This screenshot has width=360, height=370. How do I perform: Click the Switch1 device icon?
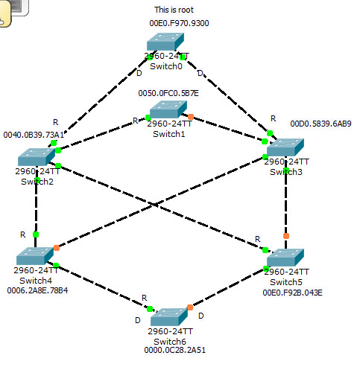coord(170,110)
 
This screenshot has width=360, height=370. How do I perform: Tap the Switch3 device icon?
coord(287,148)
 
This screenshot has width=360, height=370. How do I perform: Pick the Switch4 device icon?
coord(37,255)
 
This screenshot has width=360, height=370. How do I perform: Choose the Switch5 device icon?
coord(287,258)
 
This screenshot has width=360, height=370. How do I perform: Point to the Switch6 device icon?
coord(170,316)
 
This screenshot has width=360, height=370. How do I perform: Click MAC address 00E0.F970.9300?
coord(179,24)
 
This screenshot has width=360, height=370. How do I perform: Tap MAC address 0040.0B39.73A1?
coord(34,135)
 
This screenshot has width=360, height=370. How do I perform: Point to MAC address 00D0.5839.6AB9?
coord(320,124)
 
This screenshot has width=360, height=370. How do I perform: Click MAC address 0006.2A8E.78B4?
coord(37,290)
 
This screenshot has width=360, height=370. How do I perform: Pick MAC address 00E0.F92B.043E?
coord(292,293)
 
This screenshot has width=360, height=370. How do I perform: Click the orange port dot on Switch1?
coord(191,117)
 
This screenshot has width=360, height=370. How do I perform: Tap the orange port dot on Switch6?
coord(189,307)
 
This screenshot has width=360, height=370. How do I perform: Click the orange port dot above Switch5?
coord(285,236)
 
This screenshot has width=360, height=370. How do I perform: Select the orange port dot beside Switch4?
coord(56,246)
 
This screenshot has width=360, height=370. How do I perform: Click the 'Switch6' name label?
coord(171,340)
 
